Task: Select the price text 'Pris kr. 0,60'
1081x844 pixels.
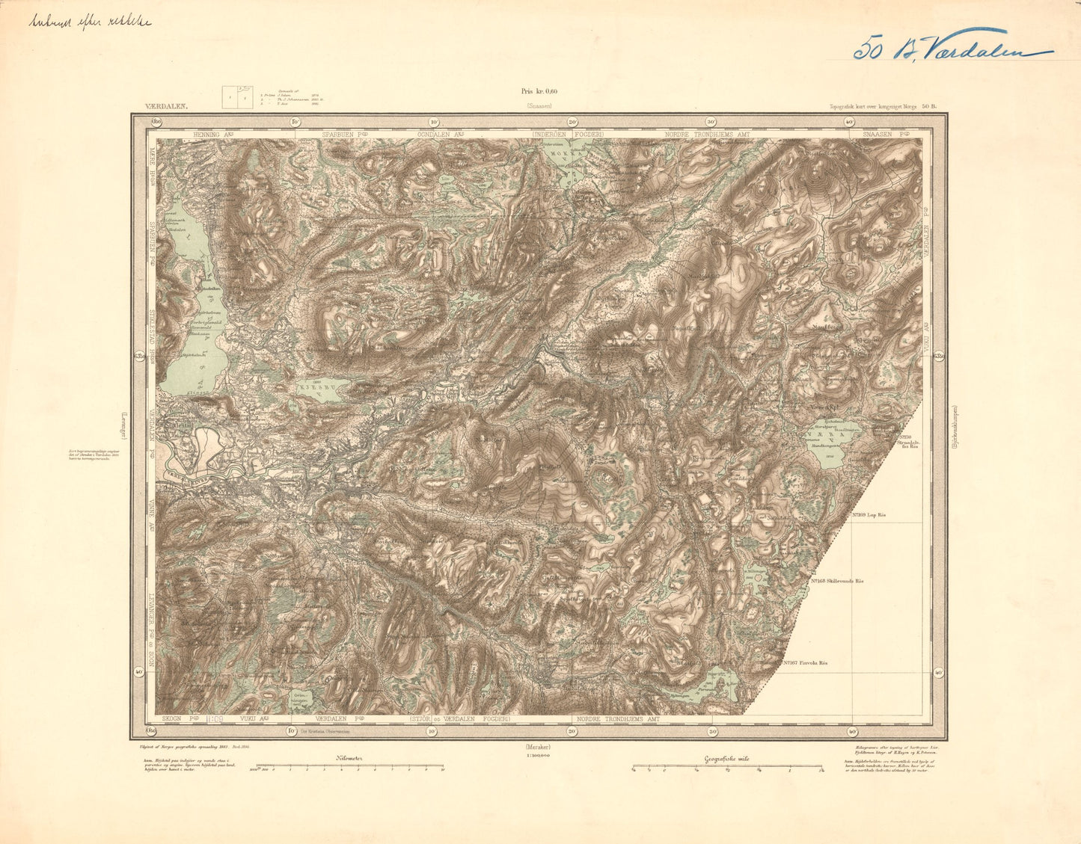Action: (x=539, y=92)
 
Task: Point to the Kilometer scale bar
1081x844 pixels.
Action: (x=349, y=766)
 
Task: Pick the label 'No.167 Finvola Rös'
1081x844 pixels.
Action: (x=808, y=662)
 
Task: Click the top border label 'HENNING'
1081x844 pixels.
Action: (x=209, y=134)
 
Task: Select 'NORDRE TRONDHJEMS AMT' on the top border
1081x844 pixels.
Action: (x=707, y=134)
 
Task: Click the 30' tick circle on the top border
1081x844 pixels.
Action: (x=711, y=122)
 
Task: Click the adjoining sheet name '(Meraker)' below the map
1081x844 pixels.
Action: (x=539, y=746)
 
